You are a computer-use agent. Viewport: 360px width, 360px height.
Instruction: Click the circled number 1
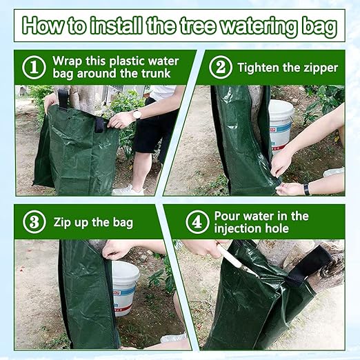pos(34,68)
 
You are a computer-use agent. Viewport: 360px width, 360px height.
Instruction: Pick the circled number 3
pos(34,222)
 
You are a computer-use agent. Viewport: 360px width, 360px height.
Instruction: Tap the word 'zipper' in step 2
pos(321,68)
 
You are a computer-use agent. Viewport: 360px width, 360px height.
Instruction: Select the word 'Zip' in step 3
pos(64,222)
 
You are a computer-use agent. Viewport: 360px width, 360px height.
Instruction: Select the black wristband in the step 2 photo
pos(306,189)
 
